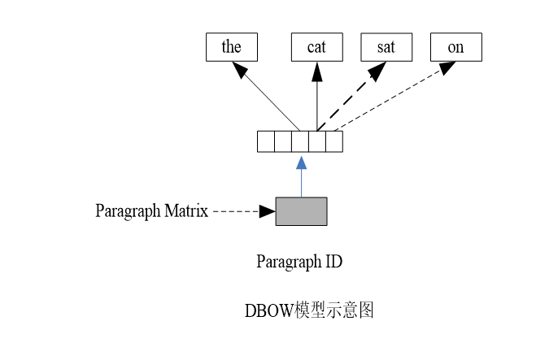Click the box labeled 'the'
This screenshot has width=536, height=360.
click(231, 47)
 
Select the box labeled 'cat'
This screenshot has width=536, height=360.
click(316, 47)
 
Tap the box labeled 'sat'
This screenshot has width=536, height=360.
click(386, 47)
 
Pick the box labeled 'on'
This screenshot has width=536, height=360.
click(455, 47)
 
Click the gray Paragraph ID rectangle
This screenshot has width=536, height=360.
click(301, 211)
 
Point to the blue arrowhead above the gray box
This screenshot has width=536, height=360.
click(301, 162)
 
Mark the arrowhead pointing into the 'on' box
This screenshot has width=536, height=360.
click(445, 67)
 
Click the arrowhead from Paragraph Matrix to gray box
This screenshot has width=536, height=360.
click(267, 211)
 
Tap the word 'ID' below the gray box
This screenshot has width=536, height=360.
click(332, 262)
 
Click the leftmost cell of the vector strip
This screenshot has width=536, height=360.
click(266, 141)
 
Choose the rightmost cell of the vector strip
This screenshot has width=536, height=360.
click(333, 141)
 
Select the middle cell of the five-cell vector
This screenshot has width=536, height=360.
click(300, 141)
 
